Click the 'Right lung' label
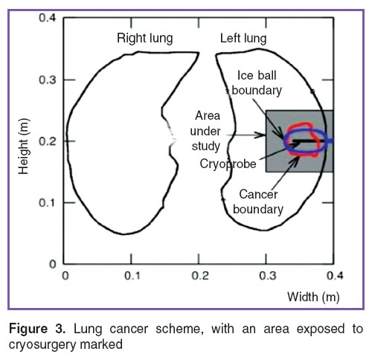[145, 39]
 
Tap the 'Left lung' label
[243, 39]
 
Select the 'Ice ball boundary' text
[257, 83]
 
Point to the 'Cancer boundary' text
[258, 202]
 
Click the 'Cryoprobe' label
[228, 164]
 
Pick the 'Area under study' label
[205, 131]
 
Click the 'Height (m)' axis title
[24, 147]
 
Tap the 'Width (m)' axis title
[313, 297]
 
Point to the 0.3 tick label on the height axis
[48, 80]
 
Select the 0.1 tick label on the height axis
[48, 203]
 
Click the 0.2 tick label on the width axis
[200, 276]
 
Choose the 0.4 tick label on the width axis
[335, 276]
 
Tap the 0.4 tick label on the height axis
[48, 18]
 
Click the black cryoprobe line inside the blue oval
[309, 141]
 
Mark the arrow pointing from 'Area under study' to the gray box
[246, 135]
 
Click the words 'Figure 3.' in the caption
[37, 329]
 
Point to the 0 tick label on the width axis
[65, 276]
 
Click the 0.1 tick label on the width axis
[132, 276]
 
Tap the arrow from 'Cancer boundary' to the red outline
[286, 173]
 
